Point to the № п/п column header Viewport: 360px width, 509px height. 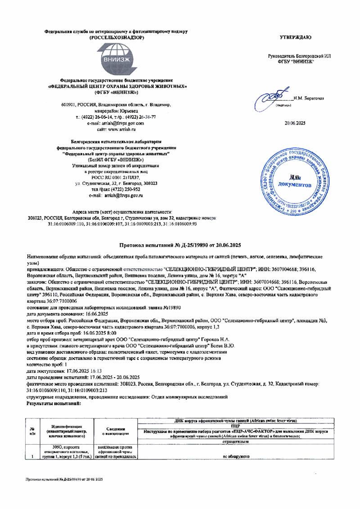[32, 431]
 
